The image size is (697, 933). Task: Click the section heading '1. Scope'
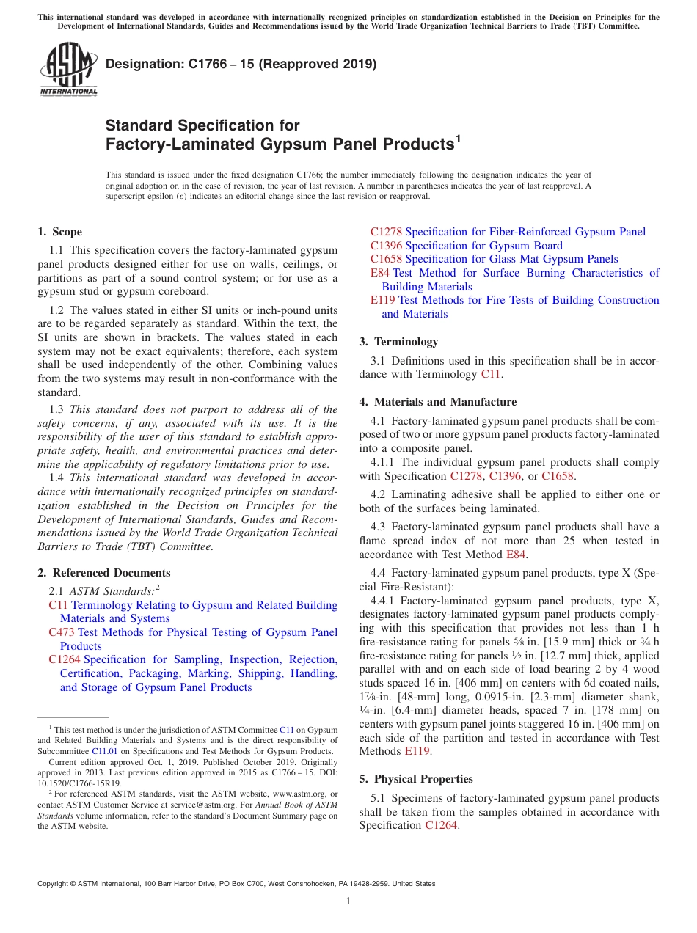pyautogui.click(x=59, y=232)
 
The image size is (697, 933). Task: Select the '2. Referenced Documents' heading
pyautogui.click(x=103, y=573)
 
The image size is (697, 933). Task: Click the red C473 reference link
pyautogui.click(x=62, y=632)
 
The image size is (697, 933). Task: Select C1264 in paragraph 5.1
pyautogui.click(x=441, y=825)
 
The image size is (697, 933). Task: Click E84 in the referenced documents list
pyautogui.click(x=380, y=273)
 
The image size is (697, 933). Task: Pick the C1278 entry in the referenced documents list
pyautogui.click(x=386, y=232)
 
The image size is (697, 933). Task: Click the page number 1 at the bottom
pyautogui.click(x=348, y=901)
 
